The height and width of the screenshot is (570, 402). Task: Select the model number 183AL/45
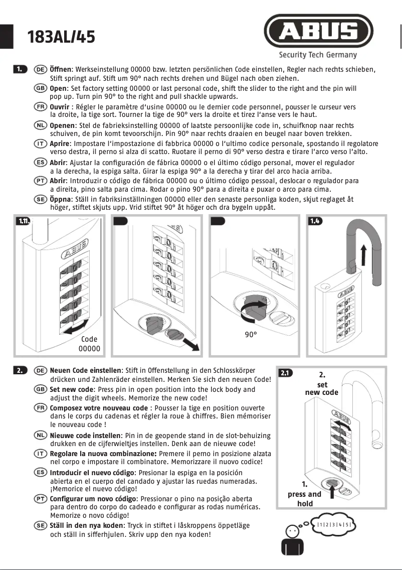point(61,37)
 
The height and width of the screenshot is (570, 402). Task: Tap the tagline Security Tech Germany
point(318,55)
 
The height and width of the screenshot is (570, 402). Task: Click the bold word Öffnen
point(61,69)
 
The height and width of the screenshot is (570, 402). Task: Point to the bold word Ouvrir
point(60,107)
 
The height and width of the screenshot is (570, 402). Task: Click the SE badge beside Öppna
point(41,199)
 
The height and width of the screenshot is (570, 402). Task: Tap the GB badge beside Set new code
point(41,389)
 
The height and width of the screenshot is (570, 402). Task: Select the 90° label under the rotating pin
point(251,335)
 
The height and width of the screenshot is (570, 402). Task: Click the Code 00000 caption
point(90,344)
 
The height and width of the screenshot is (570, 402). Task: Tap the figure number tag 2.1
point(285,373)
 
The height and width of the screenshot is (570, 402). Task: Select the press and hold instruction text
point(304,494)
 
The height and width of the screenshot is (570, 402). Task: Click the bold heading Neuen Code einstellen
point(85,370)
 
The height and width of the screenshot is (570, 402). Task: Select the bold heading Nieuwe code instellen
point(85,436)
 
